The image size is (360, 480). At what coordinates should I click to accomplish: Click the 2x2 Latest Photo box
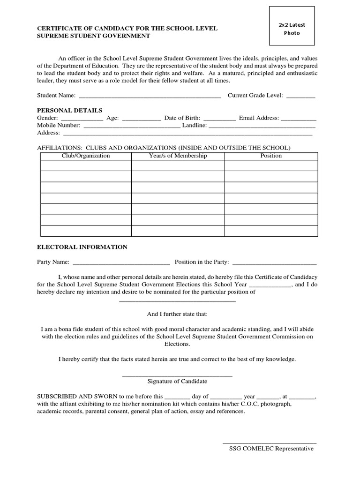point(292,29)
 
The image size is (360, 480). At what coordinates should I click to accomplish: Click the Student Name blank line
point(150,96)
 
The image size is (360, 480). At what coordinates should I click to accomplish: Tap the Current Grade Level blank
point(300,96)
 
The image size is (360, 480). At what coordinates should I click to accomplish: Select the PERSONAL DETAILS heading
point(69,110)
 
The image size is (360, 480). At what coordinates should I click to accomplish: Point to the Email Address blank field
point(299,119)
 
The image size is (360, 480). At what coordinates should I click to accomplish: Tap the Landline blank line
point(262,126)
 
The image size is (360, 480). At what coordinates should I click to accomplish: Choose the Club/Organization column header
point(86,156)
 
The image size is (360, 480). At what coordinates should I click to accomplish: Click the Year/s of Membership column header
point(178,156)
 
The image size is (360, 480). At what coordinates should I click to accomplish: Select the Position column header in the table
point(271,156)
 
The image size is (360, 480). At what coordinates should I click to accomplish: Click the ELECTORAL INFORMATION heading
point(82,247)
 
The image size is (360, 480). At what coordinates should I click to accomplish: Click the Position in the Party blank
point(274,262)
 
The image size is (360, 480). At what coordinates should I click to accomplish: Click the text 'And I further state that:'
point(177,314)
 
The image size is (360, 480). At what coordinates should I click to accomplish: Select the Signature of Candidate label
point(177,381)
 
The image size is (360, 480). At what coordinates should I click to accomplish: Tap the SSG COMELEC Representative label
point(271,449)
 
